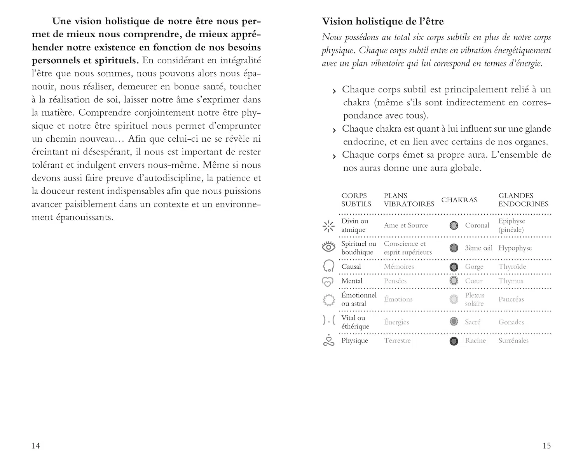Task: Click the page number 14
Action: pyautogui.click(x=36, y=445)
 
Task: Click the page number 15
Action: pyautogui.click(x=546, y=445)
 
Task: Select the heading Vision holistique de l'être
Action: pyautogui.click(x=383, y=21)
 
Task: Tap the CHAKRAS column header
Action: pyautogui.click(x=459, y=200)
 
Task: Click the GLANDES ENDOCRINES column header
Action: pyautogui.click(x=523, y=200)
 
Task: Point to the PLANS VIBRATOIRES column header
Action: pyautogui.click(x=409, y=200)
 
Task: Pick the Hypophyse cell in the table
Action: pyautogui.click(x=515, y=248)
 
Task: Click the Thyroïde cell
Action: pyautogui.click(x=512, y=267)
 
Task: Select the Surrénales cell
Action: pyautogui.click(x=513, y=341)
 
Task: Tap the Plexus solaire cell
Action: pyautogui.click(x=475, y=299)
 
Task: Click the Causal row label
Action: pyautogui.click(x=351, y=267)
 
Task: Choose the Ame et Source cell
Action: pyautogui.click(x=406, y=225)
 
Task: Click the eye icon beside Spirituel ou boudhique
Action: pyautogui.click(x=328, y=247)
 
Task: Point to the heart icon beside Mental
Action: pyautogui.click(x=328, y=282)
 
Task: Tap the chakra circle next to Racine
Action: pyautogui.click(x=454, y=341)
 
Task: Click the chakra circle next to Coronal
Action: pyautogui.click(x=454, y=225)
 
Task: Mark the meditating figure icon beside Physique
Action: pyautogui.click(x=329, y=341)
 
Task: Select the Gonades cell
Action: pyautogui.click(x=511, y=322)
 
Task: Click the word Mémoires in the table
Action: pyautogui.click(x=399, y=267)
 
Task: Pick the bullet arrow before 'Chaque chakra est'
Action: pyautogui.click(x=334, y=130)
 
